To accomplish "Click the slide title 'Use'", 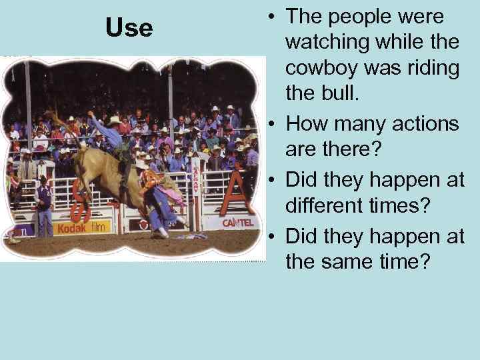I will click(x=129, y=28).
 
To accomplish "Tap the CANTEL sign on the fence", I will click(x=237, y=222).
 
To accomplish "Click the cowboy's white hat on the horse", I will click(x=115, y=121).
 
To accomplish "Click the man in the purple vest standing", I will click(x=43, y=200).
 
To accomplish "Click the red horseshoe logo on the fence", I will click(x=81, y=204).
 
